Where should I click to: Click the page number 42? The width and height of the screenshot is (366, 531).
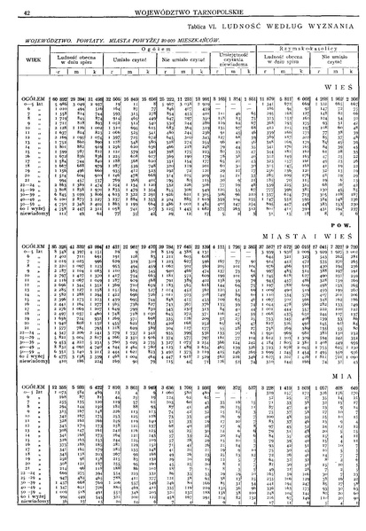point(28,13)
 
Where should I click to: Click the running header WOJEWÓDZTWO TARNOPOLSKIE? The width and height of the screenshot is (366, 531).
point(182,13)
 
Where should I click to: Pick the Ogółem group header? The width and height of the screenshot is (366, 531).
point(160,50)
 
